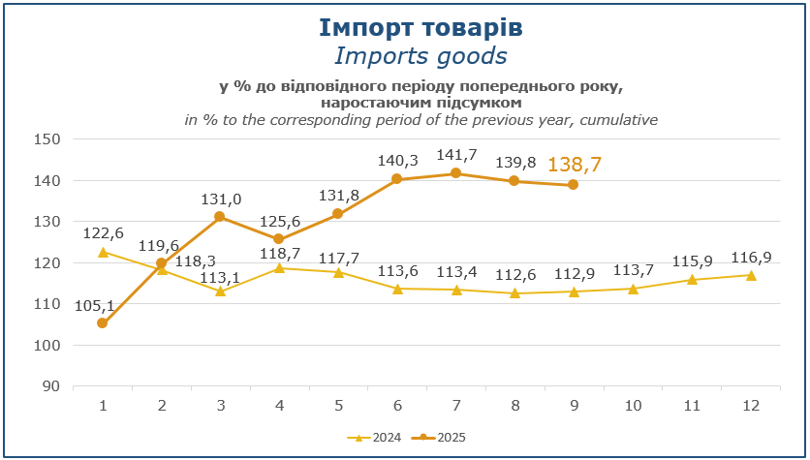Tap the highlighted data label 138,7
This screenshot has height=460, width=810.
pos(575,165)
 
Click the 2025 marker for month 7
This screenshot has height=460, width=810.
pos(455,173)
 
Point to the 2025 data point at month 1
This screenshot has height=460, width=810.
pos(102,323)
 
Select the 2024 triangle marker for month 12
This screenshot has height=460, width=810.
pos(751,275)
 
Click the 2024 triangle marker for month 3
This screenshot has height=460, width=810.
pos(220,291)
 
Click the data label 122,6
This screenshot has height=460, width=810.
pos(103,233)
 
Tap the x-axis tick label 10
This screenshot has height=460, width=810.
pos(633,405)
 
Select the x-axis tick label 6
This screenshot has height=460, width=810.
pos(397,405)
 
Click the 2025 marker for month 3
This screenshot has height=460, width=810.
pos(220,217)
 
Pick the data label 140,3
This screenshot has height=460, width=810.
pos(397,161)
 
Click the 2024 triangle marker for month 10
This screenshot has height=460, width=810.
pos(633,289)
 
